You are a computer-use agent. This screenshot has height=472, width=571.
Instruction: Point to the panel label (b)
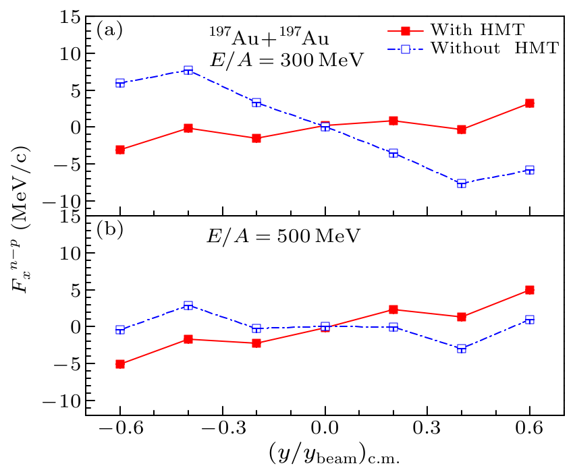109,229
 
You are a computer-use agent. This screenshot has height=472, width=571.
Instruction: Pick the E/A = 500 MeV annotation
283,237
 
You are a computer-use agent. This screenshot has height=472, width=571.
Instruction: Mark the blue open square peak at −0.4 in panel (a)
188,70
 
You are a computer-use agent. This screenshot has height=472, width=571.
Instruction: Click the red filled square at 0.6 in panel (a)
530,103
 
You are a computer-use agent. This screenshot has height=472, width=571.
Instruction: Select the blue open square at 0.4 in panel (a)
462,183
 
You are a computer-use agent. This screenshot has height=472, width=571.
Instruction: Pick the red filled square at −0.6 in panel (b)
120,364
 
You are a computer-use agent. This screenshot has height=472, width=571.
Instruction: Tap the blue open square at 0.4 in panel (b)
462,349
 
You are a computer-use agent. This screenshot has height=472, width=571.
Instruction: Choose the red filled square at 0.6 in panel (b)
530,290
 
